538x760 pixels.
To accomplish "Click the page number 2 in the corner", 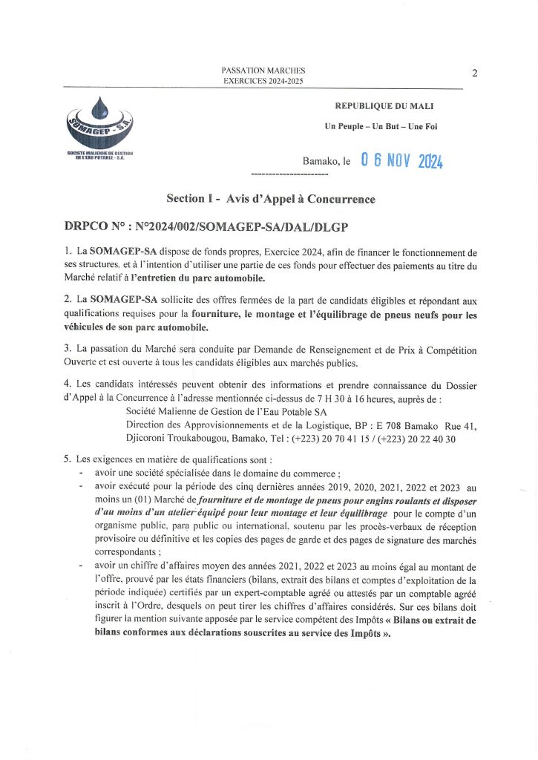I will click(x=473, y=73).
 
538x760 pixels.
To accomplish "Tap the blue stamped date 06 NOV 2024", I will click(x=401, y=160).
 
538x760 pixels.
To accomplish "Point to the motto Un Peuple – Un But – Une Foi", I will click(x=381, y=126).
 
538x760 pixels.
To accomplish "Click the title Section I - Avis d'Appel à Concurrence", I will click(x=271, y=199).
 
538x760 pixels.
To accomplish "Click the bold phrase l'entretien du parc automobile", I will click(x=198, y=278).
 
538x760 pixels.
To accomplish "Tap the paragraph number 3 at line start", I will click(x=68, y=349).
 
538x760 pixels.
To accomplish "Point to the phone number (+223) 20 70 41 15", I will click(x=341, y=439).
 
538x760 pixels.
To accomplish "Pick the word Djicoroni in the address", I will click(x=148, y=439).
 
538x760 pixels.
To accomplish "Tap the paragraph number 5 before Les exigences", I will click(x=68, y=459).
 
